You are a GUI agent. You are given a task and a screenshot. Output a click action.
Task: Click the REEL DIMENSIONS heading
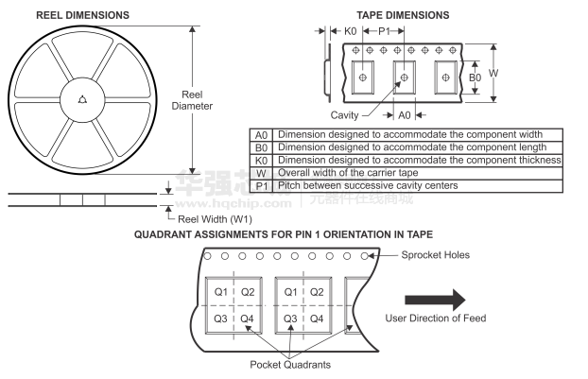click(x=83, y=15)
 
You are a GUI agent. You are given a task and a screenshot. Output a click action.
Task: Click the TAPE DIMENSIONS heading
click(x=403, y=15)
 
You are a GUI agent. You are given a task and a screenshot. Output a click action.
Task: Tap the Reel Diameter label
click(x=192, y=99)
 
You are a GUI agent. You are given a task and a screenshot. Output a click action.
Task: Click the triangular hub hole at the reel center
click(x=82, y=99)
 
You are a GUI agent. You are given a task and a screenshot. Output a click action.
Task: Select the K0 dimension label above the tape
click(x=350, y=32)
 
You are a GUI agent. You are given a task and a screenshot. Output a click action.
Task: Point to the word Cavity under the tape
click(x=345, y=115)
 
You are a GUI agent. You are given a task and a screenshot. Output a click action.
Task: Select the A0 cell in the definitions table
click(x=261, y=135)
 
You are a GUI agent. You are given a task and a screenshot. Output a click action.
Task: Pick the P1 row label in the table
click(x=261, y=185)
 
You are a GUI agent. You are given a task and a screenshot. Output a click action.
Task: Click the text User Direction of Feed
click(x=435, y=319)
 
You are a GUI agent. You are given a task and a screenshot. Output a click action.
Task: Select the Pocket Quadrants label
click(x=291, y=365)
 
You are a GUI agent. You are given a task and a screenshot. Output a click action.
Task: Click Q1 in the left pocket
click(x=220, y=292)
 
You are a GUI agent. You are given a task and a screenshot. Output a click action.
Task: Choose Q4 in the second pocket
click(x=317, y=319)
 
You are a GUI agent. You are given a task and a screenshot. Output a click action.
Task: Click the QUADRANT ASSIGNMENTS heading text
click(x=284, y=234)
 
